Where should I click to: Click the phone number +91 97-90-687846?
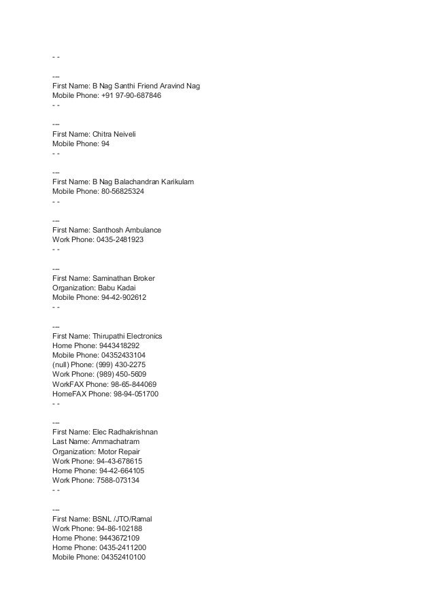point(131,97)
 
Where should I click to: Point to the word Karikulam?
point(176,183)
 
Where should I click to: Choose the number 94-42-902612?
point(127,298)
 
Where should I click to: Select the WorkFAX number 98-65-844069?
point(133,383)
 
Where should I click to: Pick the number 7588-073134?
point(120,479)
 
